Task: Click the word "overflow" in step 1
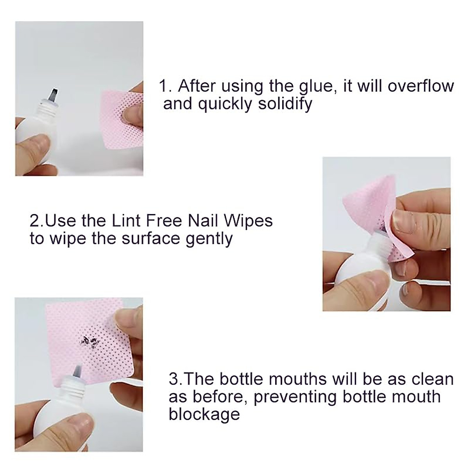pyautogui.click(x=421, y=86)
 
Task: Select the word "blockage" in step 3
pyautogui.click(x=204, y=414)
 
